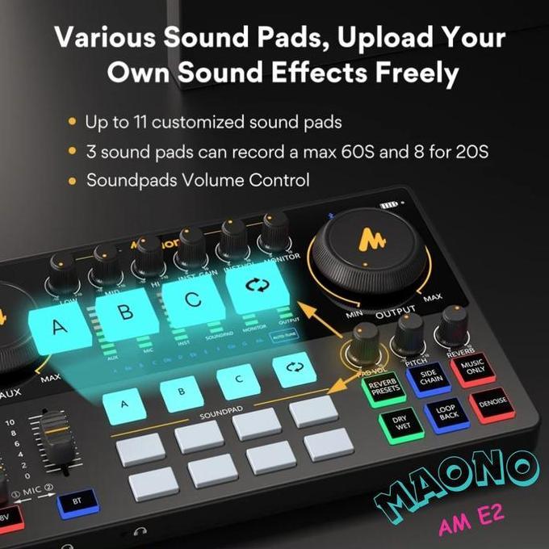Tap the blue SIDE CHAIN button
(x=430, y=379)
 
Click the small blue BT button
(x=77, y=502)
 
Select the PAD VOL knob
(x=365, y=340)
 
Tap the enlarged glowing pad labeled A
(x=57, y=327)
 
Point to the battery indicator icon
(x=390, y=206)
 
